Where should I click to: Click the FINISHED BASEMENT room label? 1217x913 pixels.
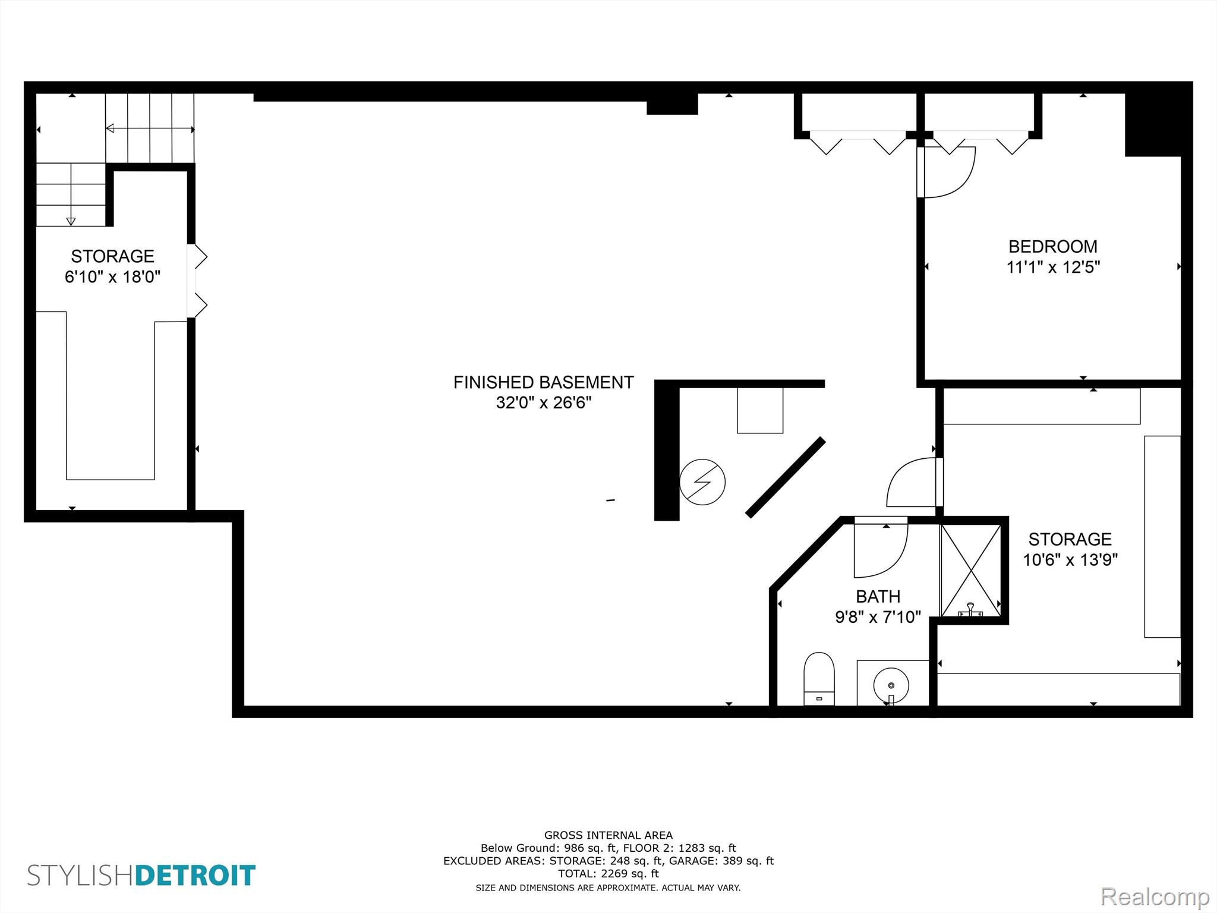(543, 382)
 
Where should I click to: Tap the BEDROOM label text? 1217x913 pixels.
(1052, 246)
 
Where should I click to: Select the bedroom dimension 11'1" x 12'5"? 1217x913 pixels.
(1052, 267)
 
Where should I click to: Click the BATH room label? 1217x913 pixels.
(878, 596)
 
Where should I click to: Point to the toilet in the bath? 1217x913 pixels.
(819, 678)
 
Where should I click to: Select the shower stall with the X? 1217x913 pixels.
(970, 570)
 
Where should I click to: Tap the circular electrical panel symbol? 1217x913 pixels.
(702, 482)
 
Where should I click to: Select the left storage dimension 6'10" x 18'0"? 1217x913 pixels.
(112, 277)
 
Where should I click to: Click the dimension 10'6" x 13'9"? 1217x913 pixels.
(1070, 560)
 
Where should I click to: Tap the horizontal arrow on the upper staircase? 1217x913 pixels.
(150, 128)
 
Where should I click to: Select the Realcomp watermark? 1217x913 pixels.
(1155, 896)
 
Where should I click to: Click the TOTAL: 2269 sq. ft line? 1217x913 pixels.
(608, 874)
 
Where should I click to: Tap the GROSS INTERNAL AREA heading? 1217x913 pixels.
(608, 835)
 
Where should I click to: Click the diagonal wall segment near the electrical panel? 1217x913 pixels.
(785, 478)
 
